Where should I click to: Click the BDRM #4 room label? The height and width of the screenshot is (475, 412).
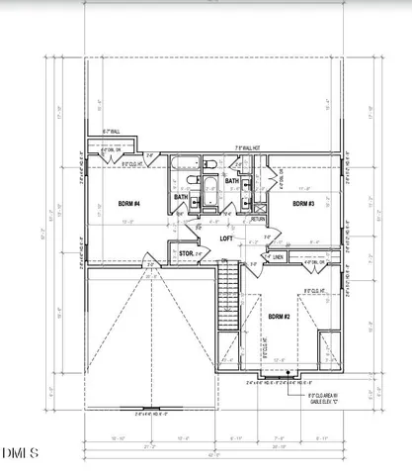pyautogui.click(x=129, y=204)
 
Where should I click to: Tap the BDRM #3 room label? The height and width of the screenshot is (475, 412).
pyautogui.click(x=303, y=203)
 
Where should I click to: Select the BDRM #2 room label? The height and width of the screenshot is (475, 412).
pyautogui.click(x=280, y=316)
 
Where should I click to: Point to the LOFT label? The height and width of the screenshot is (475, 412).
pyautogui.click(x=226, y=238)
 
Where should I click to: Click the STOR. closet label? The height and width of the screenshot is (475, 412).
pyautogui.click(x=185, y=254)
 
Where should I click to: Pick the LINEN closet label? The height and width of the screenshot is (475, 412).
pyautogui.click(x=281, y=256)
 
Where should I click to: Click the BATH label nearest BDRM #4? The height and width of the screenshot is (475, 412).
pyautogui.click(x=181, y=197)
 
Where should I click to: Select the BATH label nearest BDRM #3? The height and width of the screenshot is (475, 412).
pyautogui.click(x=231, y=181)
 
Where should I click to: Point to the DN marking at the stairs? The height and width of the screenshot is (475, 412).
pyautogui.click(x=223, y=261)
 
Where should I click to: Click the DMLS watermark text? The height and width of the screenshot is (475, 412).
pyautogui.click(x=20, y=454)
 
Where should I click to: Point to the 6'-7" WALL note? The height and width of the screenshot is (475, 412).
pyautogui.click(x=111, y=132)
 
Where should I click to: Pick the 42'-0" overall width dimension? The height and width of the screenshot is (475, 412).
pyautogui.click(x=213, y=454)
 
